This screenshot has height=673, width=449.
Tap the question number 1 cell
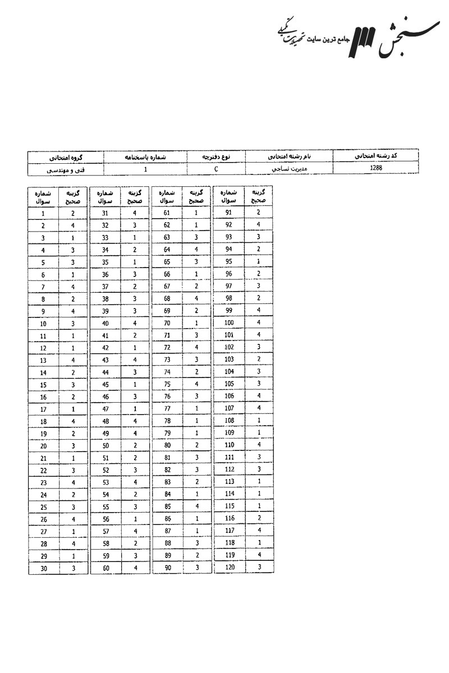click(x=43, y=214)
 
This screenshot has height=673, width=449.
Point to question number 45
click(x=105, y=384)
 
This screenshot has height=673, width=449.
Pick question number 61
click(x=167, y=213)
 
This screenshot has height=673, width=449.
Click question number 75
click(x=167, y=384)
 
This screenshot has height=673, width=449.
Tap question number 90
click(x=167, y=568)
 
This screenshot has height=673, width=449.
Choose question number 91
click(x=228, y=213)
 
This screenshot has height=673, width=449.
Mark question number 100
click(x=228, y=323)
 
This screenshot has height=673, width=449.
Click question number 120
click(x=228, y=568)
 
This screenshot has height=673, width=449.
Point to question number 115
click(x=228, y=506)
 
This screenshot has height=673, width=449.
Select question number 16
click(x=43, y=397)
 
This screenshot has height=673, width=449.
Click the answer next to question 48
click(x=135, y=421)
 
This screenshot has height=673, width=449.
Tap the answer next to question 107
click(x=259, y=408)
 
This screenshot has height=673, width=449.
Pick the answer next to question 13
click(x=73, y=360)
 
